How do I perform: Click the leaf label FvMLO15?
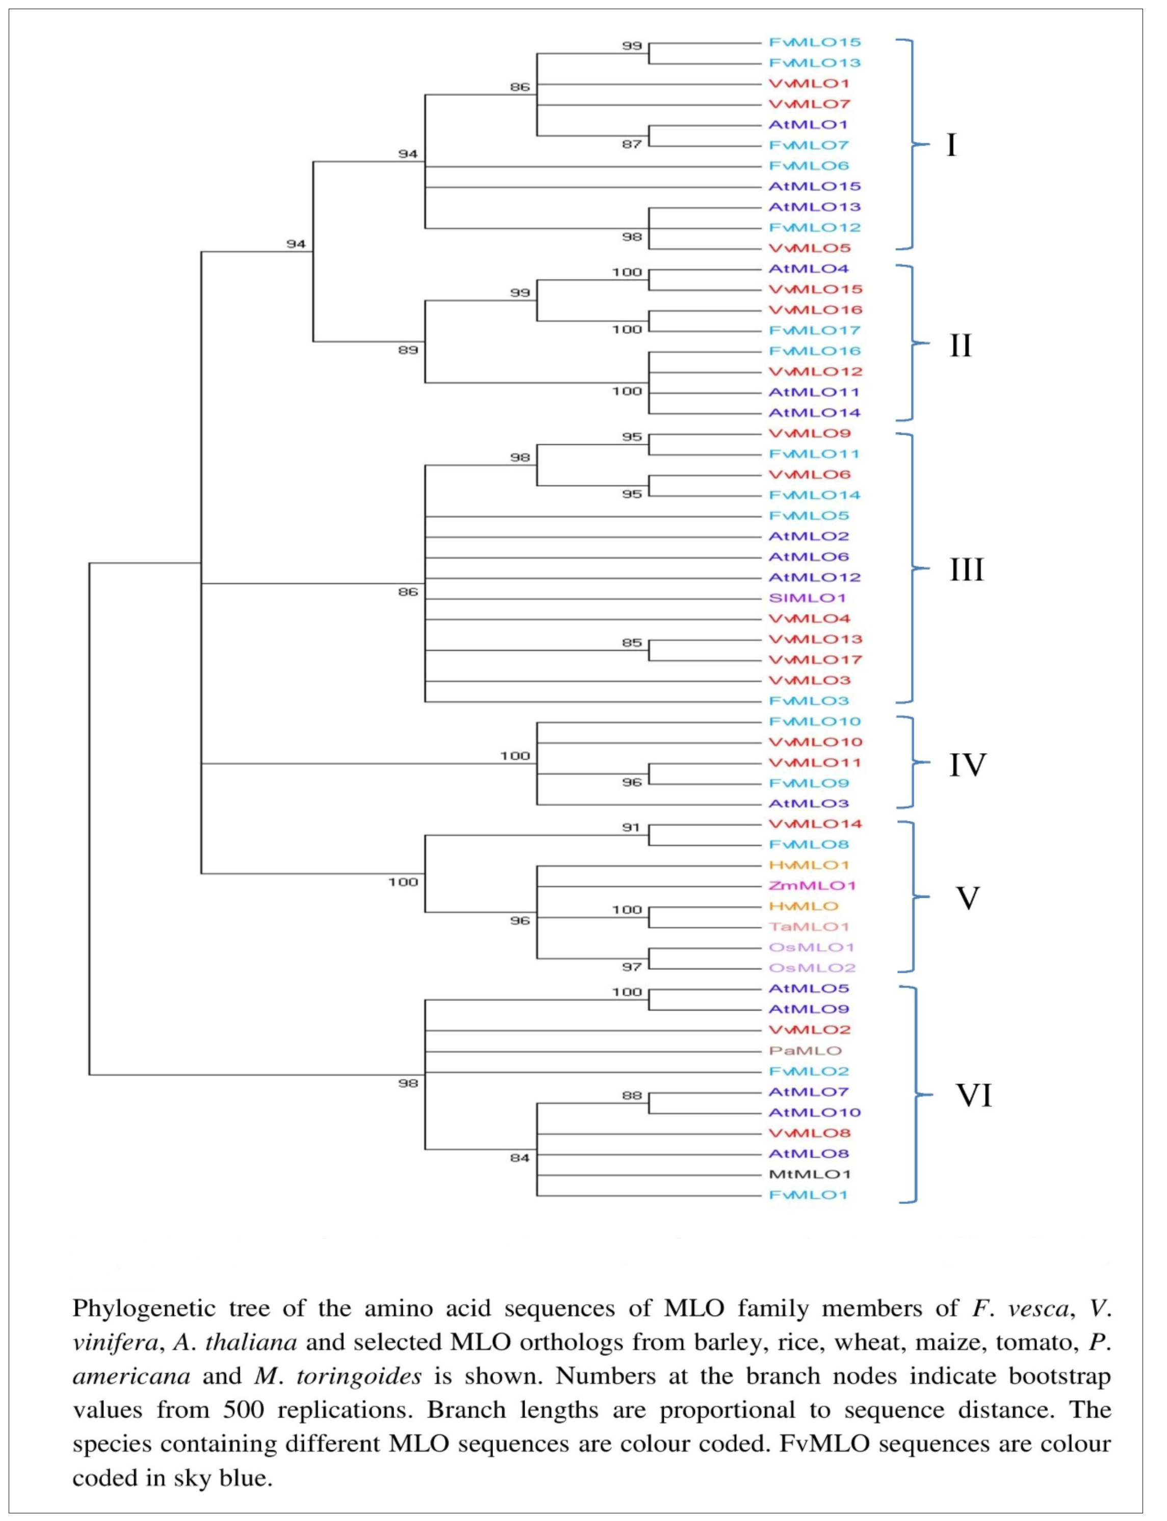click(x=814, y=42)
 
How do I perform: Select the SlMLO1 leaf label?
click(x=807, y=598)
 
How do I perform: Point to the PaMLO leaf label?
click(x=805, y=1050)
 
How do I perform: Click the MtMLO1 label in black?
click(x=809, y=1174)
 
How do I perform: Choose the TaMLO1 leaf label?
click(x=809, y=927)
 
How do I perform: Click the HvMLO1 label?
click(x=809, y=865)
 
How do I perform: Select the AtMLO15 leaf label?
click(x=814, y=186)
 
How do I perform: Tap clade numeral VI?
click(x=974, y=1096)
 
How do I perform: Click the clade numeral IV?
click(x=968, y=764)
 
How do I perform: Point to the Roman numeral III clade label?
click(x=966, y=569)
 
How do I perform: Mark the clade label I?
click(x=952, y=145)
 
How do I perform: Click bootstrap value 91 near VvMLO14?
click(x=631, y=827)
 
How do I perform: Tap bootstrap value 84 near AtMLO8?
click(x=520, y=1157)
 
